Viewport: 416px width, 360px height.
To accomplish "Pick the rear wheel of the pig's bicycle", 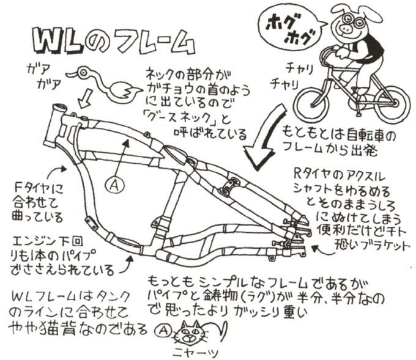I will point(384,102).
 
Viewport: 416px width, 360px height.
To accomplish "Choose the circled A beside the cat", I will point(163,330).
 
